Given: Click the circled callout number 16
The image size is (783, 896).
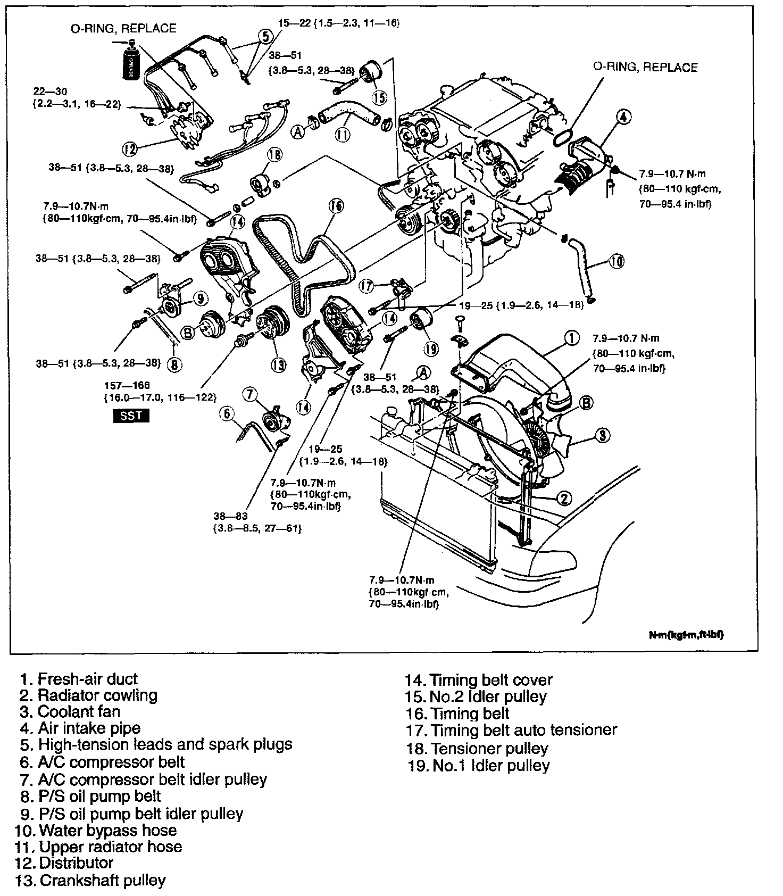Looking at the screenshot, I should [x=336, y=206].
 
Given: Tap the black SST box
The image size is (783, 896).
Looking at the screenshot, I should [x=131, y=416].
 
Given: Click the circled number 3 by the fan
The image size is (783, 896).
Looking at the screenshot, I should [x=602, y=436].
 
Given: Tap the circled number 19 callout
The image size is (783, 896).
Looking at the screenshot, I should [x=430, y=349].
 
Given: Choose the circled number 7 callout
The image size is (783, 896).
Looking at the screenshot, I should [x=249, y=394].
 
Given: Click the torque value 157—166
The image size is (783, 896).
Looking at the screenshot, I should [x=127, y=385].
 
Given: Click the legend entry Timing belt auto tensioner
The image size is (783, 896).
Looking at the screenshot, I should [x=511, y=729].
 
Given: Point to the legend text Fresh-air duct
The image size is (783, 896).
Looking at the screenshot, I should [x=79, y=679].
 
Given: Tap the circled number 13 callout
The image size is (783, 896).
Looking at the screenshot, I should [x=278, y=364].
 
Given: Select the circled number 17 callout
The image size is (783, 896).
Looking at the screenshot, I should [x=366, y=286].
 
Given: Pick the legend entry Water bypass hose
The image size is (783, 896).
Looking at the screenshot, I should [x=97, y=830].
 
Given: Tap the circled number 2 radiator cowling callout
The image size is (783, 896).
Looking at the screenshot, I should [x=564, y=498].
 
